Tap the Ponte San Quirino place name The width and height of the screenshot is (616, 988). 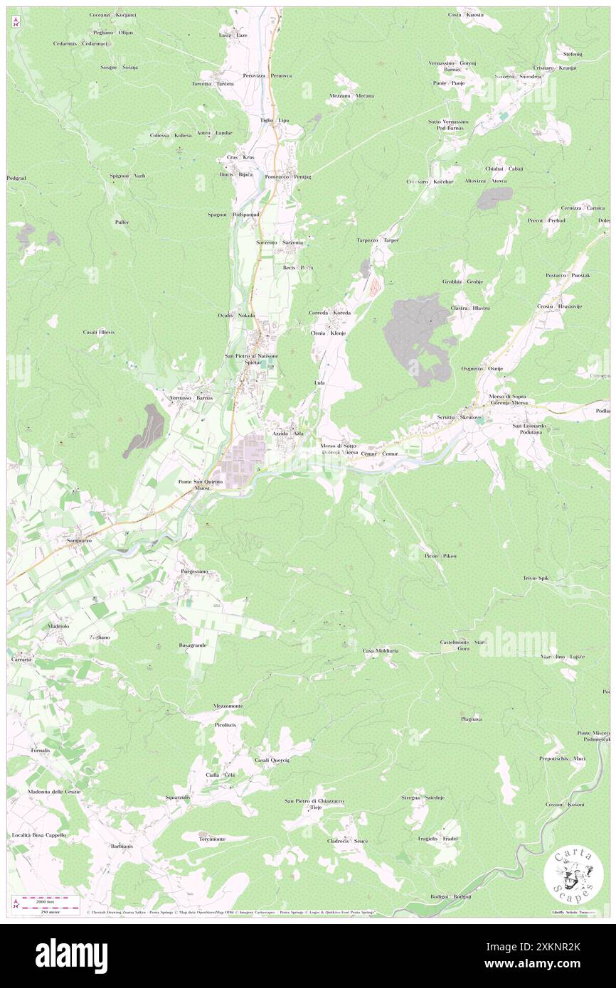201,481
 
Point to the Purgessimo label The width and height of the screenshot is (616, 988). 193,571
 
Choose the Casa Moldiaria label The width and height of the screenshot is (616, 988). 381,650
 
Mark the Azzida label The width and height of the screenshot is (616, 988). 278,433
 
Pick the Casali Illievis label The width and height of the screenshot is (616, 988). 98,332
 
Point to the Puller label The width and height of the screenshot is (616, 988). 122,222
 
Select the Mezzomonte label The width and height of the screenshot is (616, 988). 228,706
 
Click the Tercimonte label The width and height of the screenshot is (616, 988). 212,839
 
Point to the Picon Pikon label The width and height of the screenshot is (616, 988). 441,555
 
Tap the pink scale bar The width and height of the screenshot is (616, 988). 43,899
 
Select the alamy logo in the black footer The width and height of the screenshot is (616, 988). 72,955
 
